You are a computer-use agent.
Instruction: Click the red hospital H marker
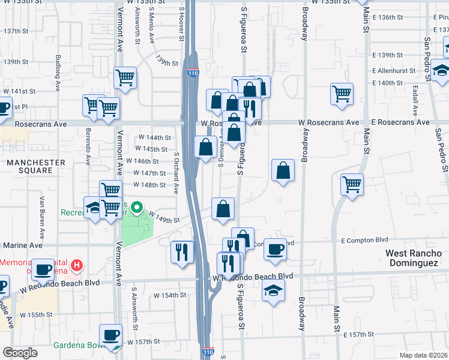[x=76, y=265]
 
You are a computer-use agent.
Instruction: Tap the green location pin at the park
[x=136, y=209]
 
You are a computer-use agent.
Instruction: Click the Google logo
[x=20, y=353]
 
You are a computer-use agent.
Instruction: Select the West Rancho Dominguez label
[x=414, y=258]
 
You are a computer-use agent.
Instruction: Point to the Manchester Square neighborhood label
[x=36, y=166]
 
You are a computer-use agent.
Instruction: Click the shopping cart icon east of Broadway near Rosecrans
[x=342, y=93]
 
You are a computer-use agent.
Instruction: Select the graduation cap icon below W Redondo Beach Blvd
[x=273, y=291]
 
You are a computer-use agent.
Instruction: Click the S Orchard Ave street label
[x=176, y=172]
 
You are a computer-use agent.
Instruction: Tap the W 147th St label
[x=149, y=173]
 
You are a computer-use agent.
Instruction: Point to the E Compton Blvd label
[x=361, y=241]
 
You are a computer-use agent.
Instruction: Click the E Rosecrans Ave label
[x=400, y=122]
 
